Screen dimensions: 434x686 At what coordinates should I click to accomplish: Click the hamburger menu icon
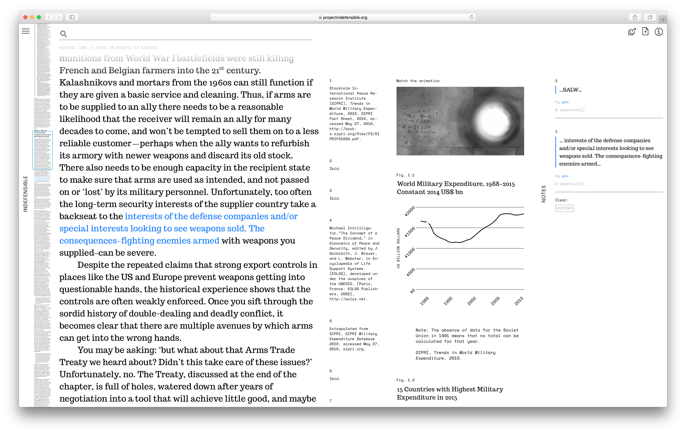(26, 31)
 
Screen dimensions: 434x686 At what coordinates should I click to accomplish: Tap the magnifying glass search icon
(63, 34)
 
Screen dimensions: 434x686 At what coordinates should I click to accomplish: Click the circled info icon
(659, 32)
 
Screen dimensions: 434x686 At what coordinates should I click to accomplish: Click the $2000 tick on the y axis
(410, 211)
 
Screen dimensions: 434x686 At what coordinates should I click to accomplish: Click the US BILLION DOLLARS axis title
(398, 248)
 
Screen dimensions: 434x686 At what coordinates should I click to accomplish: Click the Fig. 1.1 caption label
(405, 175)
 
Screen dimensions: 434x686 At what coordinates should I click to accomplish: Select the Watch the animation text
(418, 81)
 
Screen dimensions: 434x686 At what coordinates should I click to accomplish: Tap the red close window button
(25, 17)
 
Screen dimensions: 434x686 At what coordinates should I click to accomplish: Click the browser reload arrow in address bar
(471, 17)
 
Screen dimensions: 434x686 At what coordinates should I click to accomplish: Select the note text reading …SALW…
(570, 90)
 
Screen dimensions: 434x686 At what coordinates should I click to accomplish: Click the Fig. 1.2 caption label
(405, 380)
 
